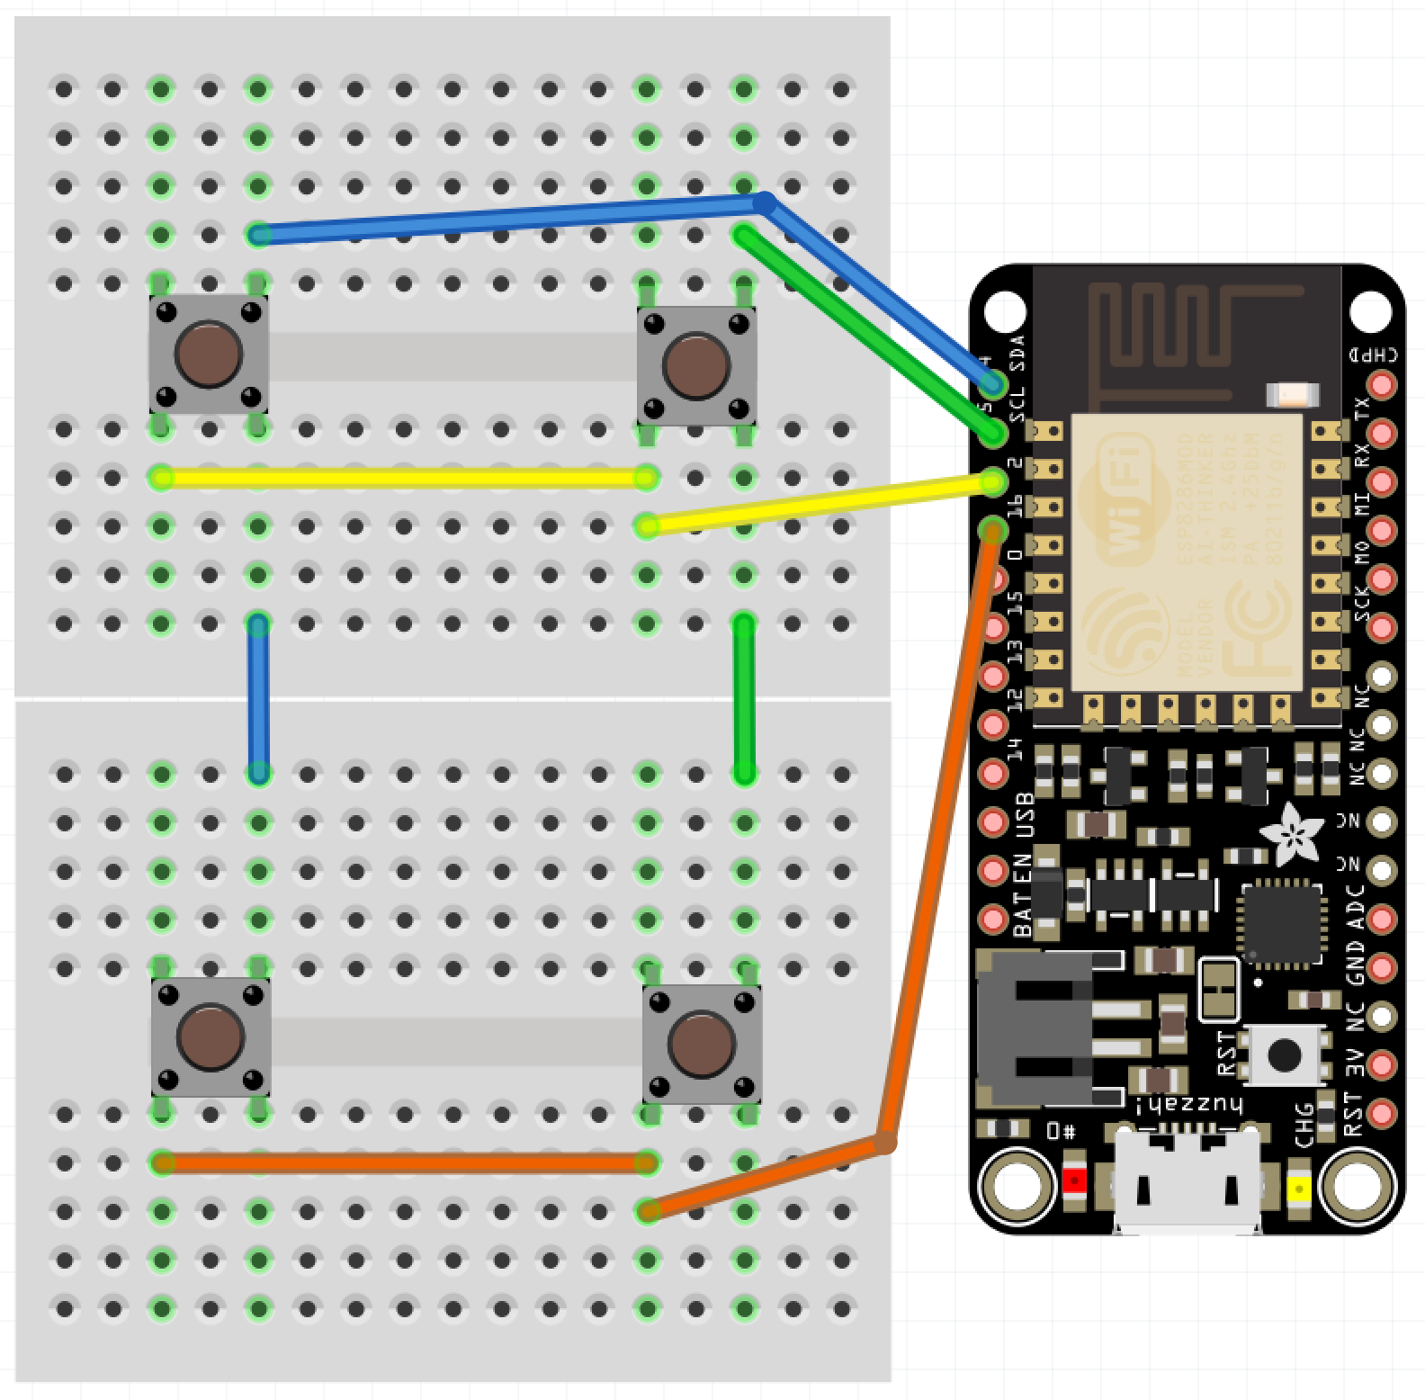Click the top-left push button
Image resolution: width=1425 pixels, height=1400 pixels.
click(209, 354)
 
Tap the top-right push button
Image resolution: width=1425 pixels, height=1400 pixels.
click(696, 366)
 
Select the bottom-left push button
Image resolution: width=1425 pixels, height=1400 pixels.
click(211, 1037)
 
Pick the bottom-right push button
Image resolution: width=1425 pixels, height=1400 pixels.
click(702, 1045)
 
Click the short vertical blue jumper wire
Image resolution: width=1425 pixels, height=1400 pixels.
click(258, 697)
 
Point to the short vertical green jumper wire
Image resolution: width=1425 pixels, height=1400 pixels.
click(744, 697)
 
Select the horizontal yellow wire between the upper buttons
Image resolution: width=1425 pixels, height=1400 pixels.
click(403, 478)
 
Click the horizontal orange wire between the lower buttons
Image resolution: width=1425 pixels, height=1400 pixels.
click(403, 1163)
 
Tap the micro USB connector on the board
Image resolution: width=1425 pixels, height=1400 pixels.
click(1187, 1179)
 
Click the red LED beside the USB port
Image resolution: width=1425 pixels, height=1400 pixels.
click(1073, 1180)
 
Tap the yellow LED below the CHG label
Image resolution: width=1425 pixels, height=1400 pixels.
click(1298, 1189)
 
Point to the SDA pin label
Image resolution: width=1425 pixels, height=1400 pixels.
click(1017, 353)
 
